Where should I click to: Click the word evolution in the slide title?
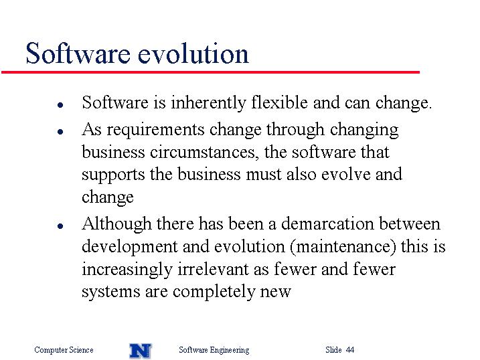click(x=193, y=54)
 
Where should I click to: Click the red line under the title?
click(x=210, y=72)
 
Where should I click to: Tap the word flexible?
click(x=279, y=102)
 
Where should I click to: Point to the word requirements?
click(x=155, y=130)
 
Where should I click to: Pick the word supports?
click(x=113, y=175)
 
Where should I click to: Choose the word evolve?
click(x=346, y=174)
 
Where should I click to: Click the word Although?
click(x=116, y=224)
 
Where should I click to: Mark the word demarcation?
click(x=327, y=223)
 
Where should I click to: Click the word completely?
click(x=214, y=292)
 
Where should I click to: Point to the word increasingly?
click(x=127, y=270)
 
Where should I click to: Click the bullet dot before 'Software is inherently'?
click(x=60, y=105)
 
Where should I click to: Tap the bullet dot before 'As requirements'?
click(x=60, y=132)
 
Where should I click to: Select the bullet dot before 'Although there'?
click(x=60, y=226)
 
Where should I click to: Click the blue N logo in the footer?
click(x=141, y=351)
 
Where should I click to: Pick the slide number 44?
click(x=350, y=349)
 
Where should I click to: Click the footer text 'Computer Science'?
click(x=64, y=350)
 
